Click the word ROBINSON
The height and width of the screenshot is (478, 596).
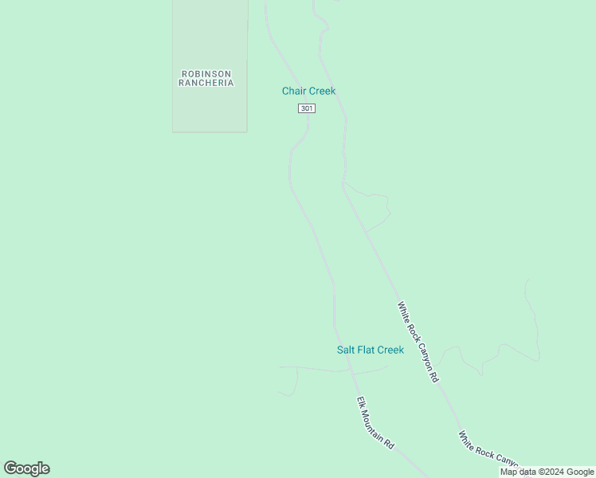(206, 74)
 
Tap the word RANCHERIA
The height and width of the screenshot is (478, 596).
(206, 83)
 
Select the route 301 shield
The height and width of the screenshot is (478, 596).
(307, 108)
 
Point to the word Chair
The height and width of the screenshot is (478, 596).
(294, 91)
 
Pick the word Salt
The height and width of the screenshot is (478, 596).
(346, 350)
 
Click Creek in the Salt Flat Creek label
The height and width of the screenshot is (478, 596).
(390, 350)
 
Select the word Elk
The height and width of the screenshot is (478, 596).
(361, 403)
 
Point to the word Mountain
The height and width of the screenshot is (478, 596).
(374, 422)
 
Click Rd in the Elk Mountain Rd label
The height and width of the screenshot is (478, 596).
(390, 442)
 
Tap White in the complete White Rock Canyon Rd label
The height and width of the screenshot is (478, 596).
(403, 312)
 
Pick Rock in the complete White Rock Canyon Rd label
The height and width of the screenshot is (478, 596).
(412, 331)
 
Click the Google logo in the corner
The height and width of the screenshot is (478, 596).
(26, 468)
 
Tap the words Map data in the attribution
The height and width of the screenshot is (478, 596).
(518, 472)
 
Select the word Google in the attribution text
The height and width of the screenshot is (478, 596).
(580, 472)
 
